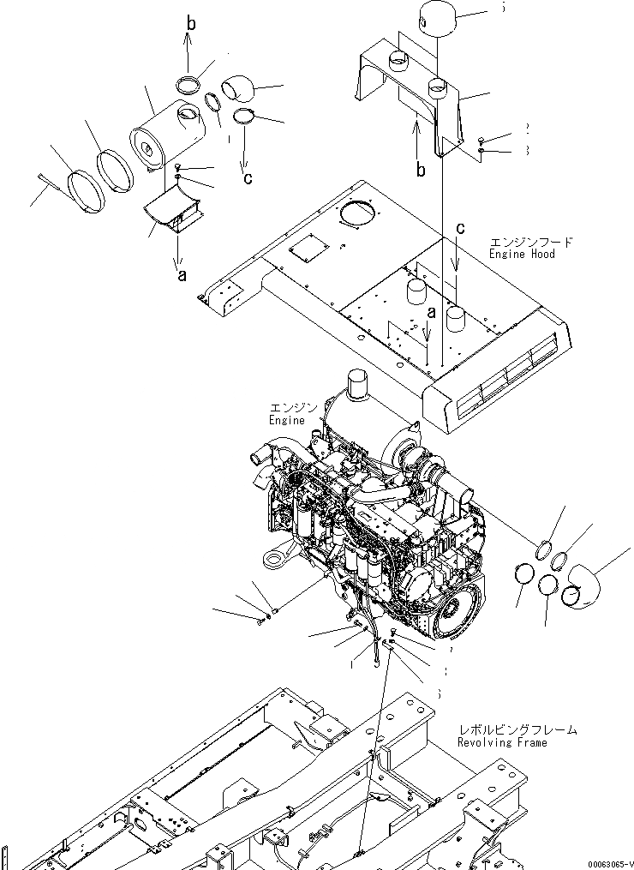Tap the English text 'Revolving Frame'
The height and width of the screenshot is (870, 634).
(x=502, y=742)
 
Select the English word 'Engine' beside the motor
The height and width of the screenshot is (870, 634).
(x=287, y=420)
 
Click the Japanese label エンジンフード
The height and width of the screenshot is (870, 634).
(x=530, y=243)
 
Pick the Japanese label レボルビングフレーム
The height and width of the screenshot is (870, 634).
(x=517, y=730)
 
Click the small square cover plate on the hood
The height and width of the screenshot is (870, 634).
(x=304, y=252)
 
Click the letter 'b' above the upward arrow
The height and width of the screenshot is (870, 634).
(x=191, y=24)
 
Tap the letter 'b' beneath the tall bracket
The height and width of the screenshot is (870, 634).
(x=421, y=170)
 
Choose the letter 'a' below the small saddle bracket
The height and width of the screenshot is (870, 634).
(x=181, y=275)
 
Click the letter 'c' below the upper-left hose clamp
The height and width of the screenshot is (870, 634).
(x=248, y=178)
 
